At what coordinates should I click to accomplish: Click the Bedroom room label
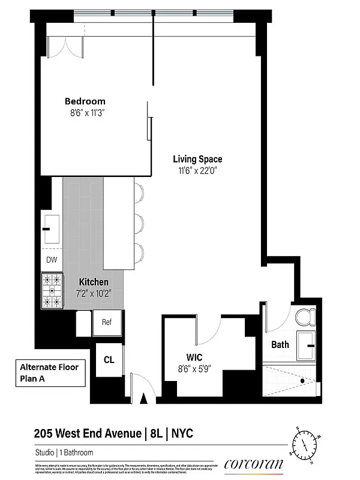coord(85,101)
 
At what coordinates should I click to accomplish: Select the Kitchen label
coord(94,282)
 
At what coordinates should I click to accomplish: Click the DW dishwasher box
coord(52,260)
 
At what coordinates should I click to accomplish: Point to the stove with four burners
coord(52,290)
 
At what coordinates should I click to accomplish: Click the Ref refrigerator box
coord(107,322)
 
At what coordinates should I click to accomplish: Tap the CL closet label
coord(109,359)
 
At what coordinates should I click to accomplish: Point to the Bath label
coord(280,344)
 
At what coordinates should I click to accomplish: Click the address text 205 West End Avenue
coord(86,433)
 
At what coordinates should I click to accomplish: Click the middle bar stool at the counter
coord(139,224)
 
